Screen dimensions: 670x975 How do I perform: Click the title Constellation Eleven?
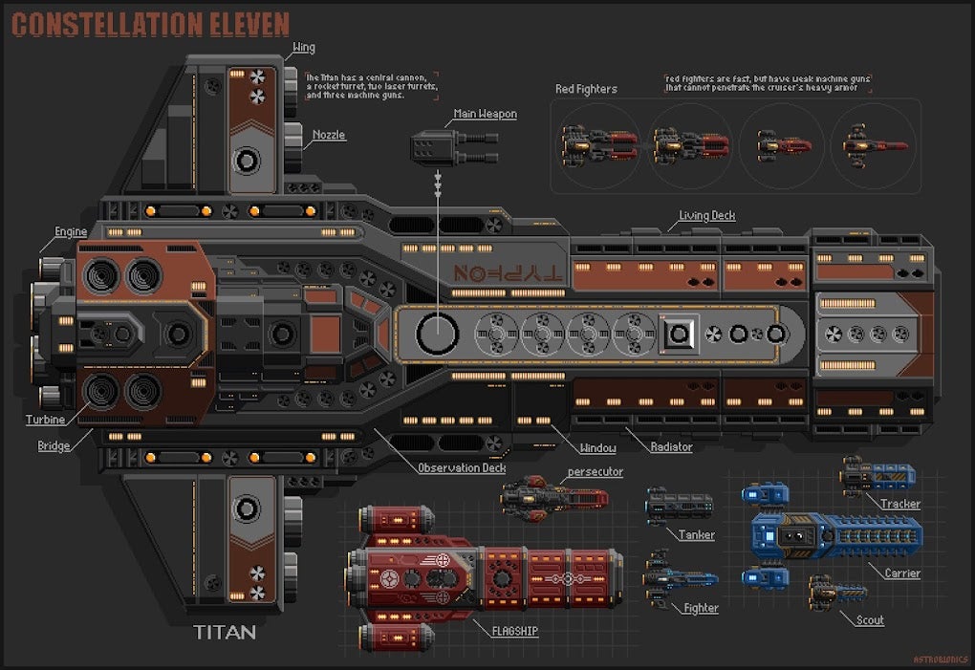coord(151,24)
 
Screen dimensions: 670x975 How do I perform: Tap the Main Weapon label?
coord(485,114)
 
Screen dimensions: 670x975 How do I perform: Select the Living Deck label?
coord(706,216)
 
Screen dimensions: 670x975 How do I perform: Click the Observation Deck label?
coord(462,468)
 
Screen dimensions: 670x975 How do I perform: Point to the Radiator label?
coord(671,446)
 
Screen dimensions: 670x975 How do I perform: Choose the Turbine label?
coord(45,420)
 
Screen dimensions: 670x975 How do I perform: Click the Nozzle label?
coord(329,135)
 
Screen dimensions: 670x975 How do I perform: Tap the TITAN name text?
coord(225,633)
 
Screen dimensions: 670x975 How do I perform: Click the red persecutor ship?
coord(554,497)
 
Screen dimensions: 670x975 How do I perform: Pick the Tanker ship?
coord(680,506)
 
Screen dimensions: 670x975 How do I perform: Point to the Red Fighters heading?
coord(586,90)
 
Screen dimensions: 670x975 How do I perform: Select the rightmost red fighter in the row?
coord(875,146)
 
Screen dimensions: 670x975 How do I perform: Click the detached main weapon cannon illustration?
coord(453,147)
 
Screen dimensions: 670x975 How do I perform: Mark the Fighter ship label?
coord(701,608)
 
